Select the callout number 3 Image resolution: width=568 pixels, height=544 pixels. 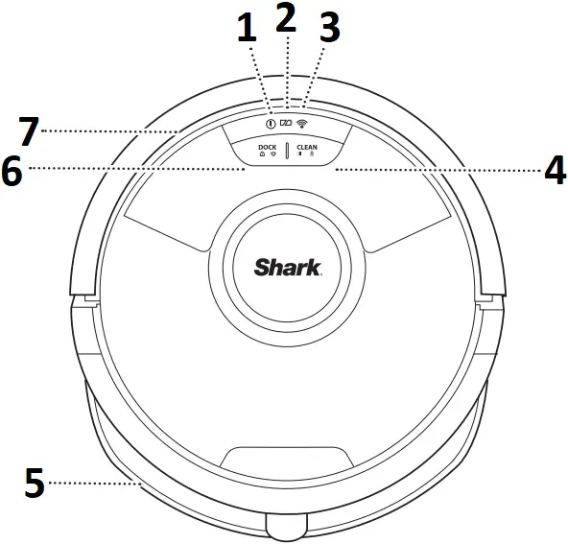[x=329, y=30]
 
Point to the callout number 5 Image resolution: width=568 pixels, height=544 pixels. [x=34, y=483]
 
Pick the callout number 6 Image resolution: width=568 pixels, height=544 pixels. [x=12, y=170]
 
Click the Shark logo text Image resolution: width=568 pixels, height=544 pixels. [x=287, y=267]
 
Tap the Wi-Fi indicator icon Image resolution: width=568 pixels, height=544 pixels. [x=304, y=124]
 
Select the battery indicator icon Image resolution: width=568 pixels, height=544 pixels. [x=287, y=124]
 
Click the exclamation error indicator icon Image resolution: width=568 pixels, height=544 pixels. [x=271, y=124]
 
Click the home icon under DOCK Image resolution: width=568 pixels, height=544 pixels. [x=262, y=156]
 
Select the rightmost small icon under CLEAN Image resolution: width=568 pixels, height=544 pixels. [x=312, y=156]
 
